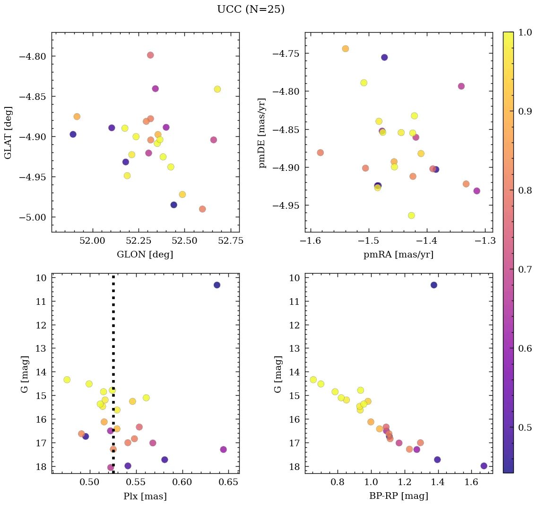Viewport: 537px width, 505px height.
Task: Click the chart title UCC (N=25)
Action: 251,9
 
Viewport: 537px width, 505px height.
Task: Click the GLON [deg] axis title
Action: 145,255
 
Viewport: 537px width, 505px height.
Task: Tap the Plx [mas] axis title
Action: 145,496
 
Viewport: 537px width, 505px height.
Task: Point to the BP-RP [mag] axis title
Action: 398,496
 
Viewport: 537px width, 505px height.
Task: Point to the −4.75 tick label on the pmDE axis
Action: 286,53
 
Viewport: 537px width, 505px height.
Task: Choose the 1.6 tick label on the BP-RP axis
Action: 471,483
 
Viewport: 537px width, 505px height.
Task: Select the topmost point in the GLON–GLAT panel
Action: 150,55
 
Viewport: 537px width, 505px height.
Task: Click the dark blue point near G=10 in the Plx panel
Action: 217,285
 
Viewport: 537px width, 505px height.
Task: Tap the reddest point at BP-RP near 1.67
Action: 484,466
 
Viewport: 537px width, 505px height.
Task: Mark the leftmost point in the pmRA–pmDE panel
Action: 320,152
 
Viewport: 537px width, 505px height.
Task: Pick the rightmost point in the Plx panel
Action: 224,449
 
